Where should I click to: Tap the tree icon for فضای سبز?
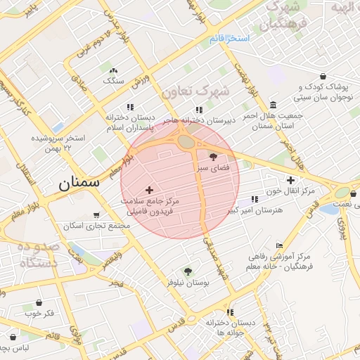[214, 156]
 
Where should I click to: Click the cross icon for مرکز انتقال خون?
[290, 180]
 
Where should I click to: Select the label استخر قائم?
[229, 38]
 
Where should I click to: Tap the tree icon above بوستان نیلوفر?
[188, 271]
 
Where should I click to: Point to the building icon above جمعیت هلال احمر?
[273, 105]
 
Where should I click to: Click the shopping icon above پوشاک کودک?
[323, 77]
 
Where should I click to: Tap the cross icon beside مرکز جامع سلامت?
[149, 190]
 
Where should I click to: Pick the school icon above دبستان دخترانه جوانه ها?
[230, 312]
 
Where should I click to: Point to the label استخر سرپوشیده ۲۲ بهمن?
[58, 143]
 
